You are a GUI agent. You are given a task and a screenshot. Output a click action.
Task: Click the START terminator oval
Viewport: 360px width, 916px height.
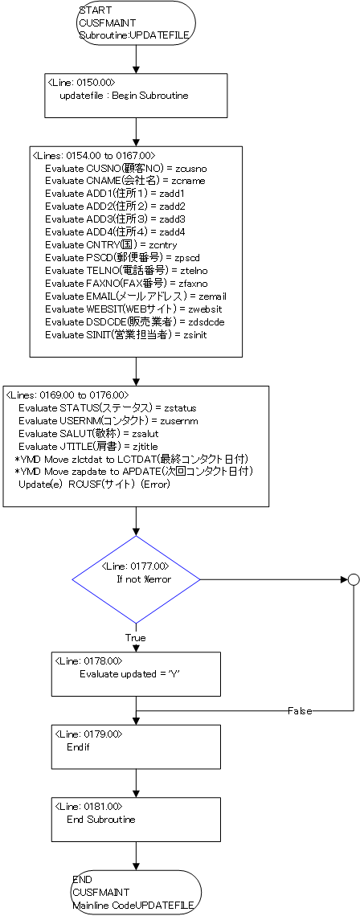136,23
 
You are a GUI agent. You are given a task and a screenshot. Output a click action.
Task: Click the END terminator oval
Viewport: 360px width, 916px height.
136,893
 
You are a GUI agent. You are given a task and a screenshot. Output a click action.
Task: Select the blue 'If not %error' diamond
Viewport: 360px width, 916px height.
136,579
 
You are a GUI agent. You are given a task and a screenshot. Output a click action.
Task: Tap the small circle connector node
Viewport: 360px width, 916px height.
353,579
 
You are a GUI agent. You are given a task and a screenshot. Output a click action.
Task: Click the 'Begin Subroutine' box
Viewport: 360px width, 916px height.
136,96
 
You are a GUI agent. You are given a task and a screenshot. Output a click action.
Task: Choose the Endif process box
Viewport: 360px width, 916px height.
136,746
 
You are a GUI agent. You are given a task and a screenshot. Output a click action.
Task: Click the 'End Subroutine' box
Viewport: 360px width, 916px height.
136,820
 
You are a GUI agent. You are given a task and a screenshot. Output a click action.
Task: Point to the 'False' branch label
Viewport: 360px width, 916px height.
299,711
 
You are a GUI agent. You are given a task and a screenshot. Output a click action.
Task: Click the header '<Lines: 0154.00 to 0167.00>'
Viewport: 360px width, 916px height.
94,155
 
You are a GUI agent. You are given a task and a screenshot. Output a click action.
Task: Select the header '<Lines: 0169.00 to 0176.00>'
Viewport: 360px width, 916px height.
67,395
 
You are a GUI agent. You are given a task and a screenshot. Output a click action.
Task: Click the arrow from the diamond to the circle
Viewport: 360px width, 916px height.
274,579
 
